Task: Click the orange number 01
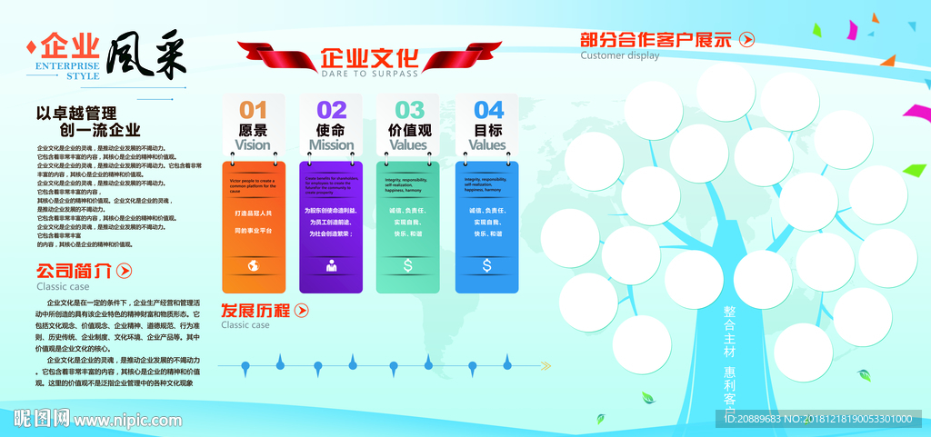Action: click(x=254, y=110)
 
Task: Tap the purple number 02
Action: click(x=332, y=110)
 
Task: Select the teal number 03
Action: click(x=409, y=110)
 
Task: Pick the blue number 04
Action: click(x=488, y=110)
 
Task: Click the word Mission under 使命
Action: click(x=331, y=144)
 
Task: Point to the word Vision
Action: click(x=253, y=144)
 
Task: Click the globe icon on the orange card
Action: click(x=254, y=266)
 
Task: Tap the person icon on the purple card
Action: click(x=332, y=266)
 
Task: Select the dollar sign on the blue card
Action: click(x=487, y=266)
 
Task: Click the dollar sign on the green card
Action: click(x=409, y=266)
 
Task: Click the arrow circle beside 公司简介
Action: click(x=125, y=270)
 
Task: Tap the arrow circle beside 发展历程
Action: click(x=301, y=311)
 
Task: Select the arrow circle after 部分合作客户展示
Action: click(x=746, y=39)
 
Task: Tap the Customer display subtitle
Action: click(x=620, y=55)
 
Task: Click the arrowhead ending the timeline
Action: click(x=546, y=366)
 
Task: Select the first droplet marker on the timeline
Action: click(x=245, y=367)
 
